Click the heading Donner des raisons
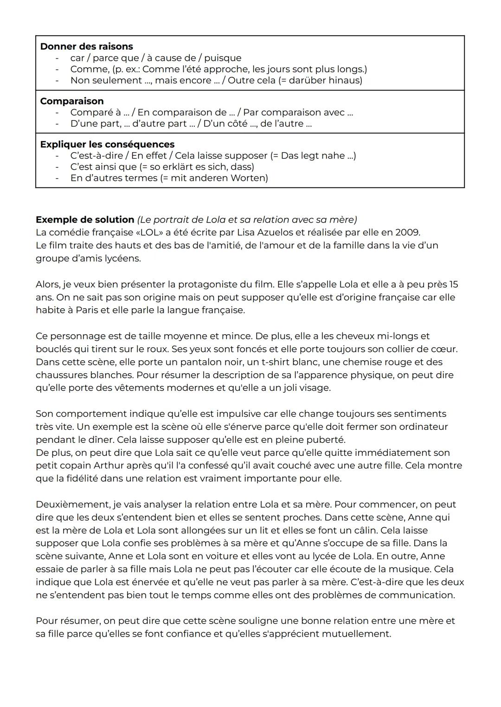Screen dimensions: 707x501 click(x=86, y=46)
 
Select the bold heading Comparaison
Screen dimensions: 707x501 click(x=72, y=101)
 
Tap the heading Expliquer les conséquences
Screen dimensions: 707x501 click(x=107, y=144)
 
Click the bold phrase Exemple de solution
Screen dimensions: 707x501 click(x=84, y=219)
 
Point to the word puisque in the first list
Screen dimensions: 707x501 click(x=223, y=58)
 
